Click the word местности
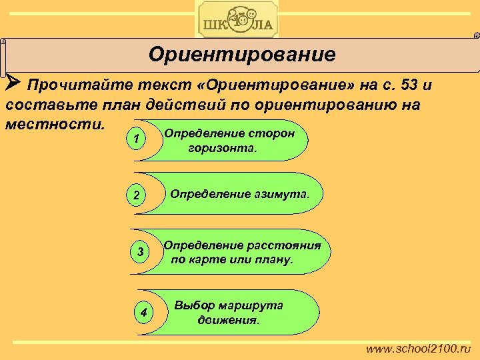click(54, 124)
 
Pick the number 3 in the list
click(140, 252)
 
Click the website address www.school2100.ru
click(419, 349)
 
